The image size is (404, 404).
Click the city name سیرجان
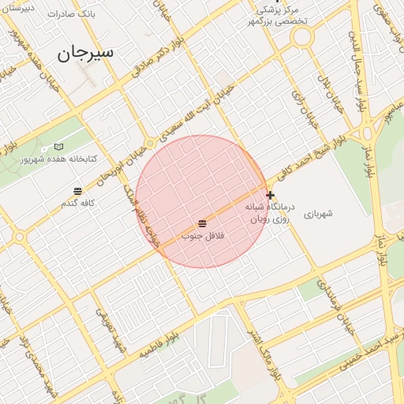(86, 53)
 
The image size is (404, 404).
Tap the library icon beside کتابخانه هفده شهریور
(59, 147)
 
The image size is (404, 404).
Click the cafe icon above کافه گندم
(77, 192)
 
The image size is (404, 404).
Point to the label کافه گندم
(78, 204)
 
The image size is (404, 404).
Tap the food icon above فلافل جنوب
(203, 224)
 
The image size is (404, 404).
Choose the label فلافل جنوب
(204, 236)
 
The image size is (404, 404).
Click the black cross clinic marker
(270, 195)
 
